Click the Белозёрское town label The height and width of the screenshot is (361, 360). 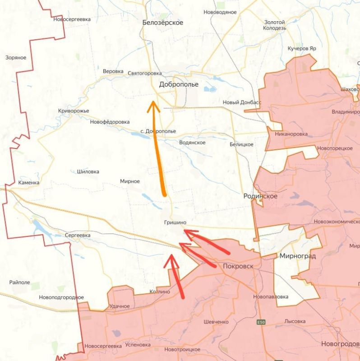tap(162, 23)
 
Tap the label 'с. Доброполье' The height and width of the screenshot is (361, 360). tap(158, 131)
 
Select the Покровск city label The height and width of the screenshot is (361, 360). tap(238, 266)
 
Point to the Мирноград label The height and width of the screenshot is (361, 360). tap(298, 256)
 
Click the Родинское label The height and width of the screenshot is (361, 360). tap(260, 196)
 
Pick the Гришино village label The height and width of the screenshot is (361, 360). tap(175, 222)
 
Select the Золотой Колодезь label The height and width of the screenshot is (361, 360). tap(275, 25)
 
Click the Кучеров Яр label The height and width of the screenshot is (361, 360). tap(302, 48)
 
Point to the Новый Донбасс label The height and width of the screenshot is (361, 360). tap(242, 102)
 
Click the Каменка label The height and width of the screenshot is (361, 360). tap(29, 183)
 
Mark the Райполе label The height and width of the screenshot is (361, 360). tap(19, 282)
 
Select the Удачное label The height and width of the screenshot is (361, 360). tap(120, 306)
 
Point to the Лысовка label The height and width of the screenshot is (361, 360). tap(295, 321)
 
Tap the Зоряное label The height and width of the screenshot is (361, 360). tap(16, 58)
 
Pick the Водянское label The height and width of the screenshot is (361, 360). tap(192, 143)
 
